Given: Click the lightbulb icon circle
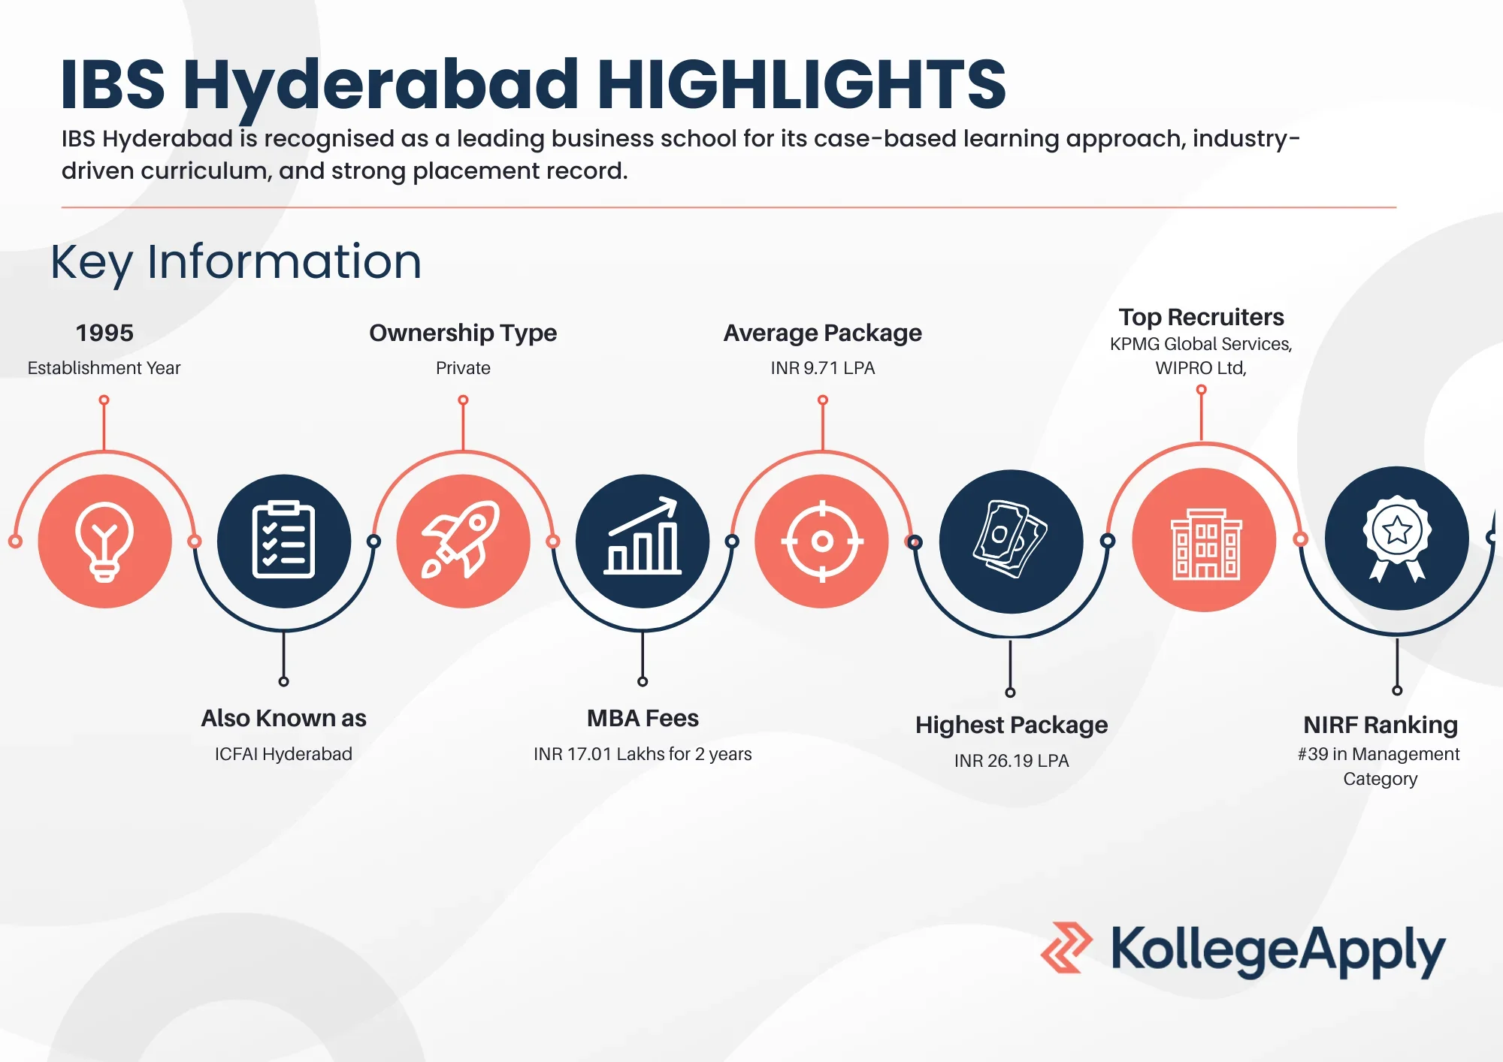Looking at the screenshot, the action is pyautogui.click(x=104, y=541).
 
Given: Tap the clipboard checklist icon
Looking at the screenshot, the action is pyautogui.click(x=283, y=541).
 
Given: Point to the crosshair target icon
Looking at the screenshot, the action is pyautogui.click(x=822, y=541).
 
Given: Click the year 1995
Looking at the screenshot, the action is pyautogui.click(x=104, y=333).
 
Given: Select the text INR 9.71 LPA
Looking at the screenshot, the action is pyautogui.click(x=823, y=368).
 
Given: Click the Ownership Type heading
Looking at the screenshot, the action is pyautogui.click(x=463, y=333).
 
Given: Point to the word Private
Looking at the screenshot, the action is pyautogui.click(x=463, y=368).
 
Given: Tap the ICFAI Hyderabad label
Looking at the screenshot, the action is pyautogui.click(x=283, y=754).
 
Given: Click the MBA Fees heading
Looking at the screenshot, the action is pyautogui.click(x=643, y=718).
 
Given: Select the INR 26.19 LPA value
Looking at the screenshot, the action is pyautogui.click(x=1012, y=761).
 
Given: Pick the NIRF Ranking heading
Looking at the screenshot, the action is pyautogui.click(x=1381, y=725).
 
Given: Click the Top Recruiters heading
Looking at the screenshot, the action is pyautogui.click(x=1201, y=317).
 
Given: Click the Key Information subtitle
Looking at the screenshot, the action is pyautogui.click(x=236, y=262).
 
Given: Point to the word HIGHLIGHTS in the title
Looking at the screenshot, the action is pyautogui.click(x=801, y=84).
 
